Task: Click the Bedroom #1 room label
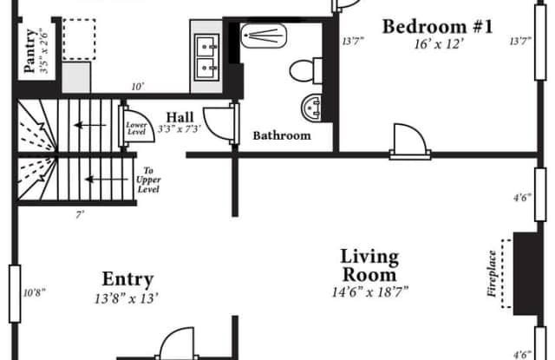[x=437, y=27]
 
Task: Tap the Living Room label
[x=369, y=265]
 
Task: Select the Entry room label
[x=127, y=279]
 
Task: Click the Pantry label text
[x=30, y=50]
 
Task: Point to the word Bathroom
[x=282, y=135]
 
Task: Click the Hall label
[x=180, y=117]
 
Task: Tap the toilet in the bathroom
[x=306, y=71]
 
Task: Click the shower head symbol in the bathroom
[x=264, y=36]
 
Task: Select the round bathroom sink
[x=311, y=107]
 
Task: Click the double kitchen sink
[x=207, y=57]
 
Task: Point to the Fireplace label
[x=492, y=273]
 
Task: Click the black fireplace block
[x=526, y=273]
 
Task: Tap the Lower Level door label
[x=136, y=128]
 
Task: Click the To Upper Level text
[x=148, y=180]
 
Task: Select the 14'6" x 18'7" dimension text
[x=370, y=292]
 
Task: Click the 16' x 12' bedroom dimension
[x=439, y=44]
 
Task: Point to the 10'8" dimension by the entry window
[x=35, y=292]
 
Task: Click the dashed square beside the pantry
[x=79, y=39]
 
